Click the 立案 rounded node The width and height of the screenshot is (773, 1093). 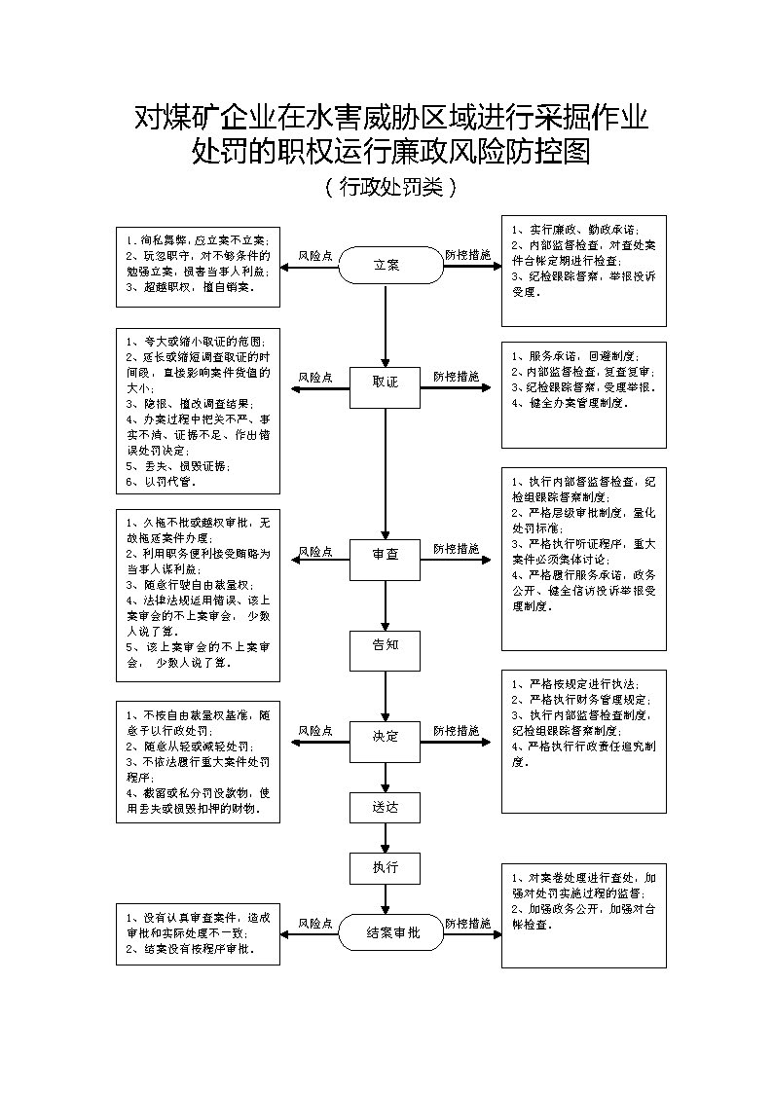tap(386, 265)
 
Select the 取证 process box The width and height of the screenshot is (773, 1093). tap(386, 383)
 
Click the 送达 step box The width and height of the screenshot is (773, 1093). tap(386, 807)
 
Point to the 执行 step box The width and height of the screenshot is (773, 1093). tap(386, 867)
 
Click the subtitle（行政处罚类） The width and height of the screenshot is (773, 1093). tap(387, 187)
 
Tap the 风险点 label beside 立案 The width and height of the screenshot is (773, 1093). tap(314, 255)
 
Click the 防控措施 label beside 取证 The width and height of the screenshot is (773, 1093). tap(457, 376)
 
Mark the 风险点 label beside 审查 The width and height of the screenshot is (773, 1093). tap(314, 551)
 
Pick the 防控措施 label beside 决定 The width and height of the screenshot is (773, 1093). tap(457, 731)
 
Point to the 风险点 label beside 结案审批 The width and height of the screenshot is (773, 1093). tap(314, 923)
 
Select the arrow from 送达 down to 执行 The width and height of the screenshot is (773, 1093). tap(386, 837)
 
